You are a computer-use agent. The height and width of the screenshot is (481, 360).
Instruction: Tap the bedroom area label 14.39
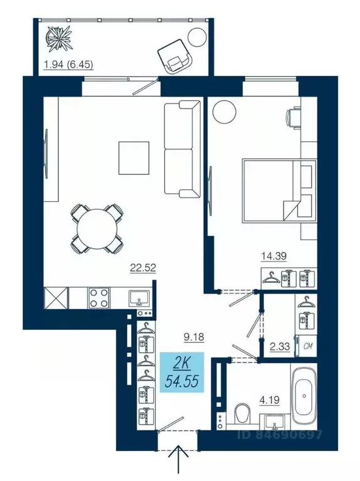(x=273, y=255)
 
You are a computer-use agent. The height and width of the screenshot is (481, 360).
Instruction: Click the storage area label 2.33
(x=278, y=344)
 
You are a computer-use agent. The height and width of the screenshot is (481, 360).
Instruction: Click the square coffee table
(x=134, y=158)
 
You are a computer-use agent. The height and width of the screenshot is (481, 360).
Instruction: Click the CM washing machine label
(x=309, y=345)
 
